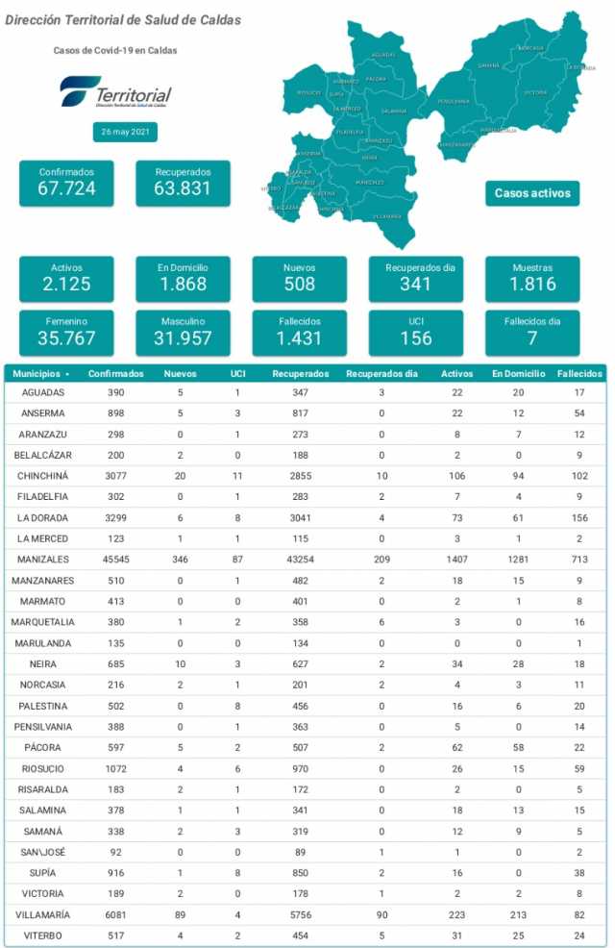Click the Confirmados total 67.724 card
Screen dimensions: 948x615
click(66, 183)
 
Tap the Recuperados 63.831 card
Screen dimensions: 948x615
click(183, 183)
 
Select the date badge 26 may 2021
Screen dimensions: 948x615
click(125, 133)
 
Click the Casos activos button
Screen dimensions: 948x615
click(532, 193)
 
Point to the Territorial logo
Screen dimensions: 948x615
click(115, 93)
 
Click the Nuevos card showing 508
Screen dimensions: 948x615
click(299, 278)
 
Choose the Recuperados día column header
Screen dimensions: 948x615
click(381, 373)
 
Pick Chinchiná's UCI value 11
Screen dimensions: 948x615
click(236, 476)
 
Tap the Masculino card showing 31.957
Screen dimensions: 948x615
click(183, 331)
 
